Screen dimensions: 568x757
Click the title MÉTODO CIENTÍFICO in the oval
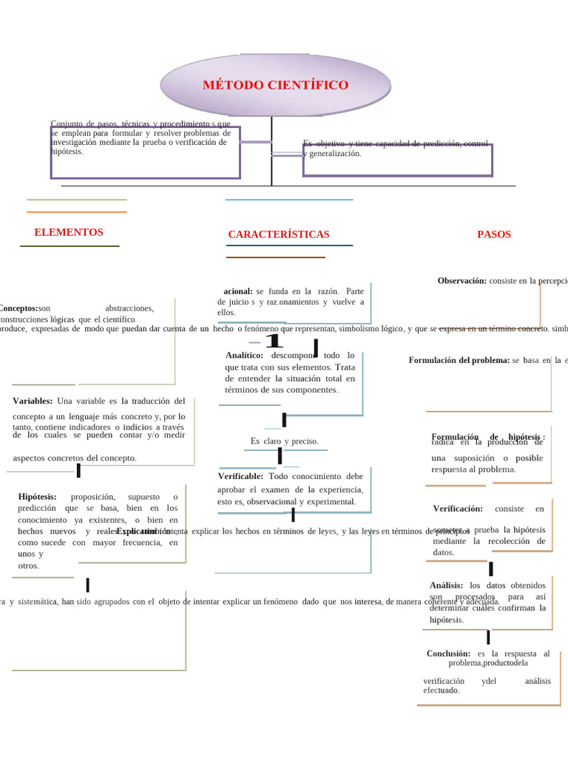click(275, 85)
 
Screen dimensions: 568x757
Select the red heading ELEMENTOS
click(69, 232)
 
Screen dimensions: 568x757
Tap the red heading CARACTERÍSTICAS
click(279, 234)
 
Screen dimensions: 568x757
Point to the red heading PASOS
click(494, 234)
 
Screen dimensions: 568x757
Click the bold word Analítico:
click(245, 356)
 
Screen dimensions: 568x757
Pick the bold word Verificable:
click(240, 476)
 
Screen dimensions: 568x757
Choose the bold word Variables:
click(33, 401)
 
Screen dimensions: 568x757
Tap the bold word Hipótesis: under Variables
click(38, 496)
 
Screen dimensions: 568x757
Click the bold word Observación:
click(462, 281)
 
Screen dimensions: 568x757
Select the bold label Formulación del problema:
click(459, 360)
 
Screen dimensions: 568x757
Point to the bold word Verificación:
click(458, 509)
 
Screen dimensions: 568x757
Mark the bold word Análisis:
click(447, 585)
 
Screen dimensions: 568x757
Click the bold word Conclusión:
click(449, 654)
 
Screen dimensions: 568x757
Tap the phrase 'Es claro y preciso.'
click(284, 441)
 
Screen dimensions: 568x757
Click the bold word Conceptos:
click(18, 308)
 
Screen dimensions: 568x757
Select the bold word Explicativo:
click(138, 531)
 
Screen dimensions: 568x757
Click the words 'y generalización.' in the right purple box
click(333, 154)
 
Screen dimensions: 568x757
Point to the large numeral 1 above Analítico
click(274, 342)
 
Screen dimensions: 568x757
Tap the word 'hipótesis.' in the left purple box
click(67, 151)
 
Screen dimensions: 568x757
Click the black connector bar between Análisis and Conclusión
click(488, 637)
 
